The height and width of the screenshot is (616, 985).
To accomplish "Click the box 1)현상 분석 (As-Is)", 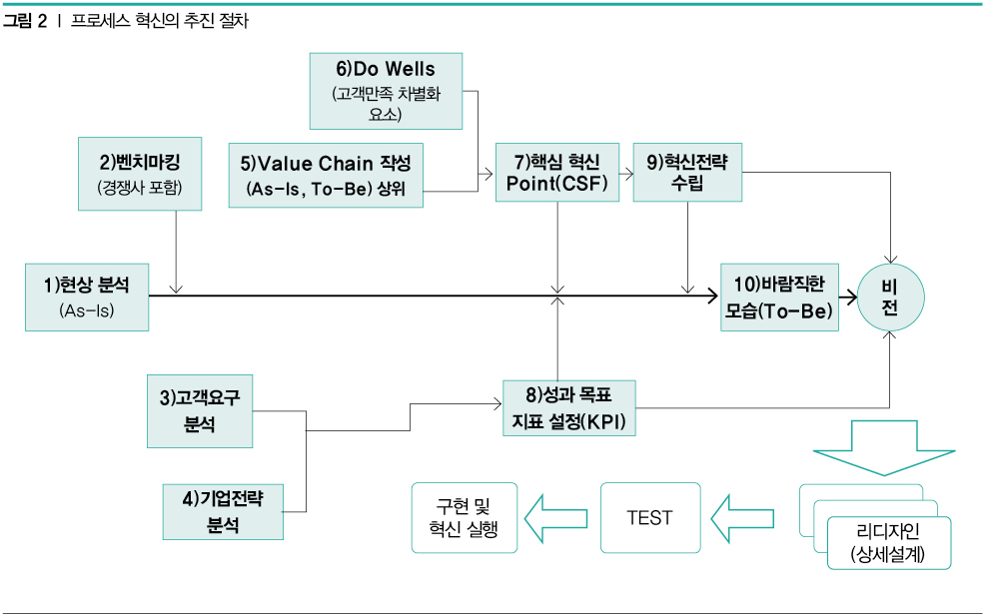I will click(87, 297).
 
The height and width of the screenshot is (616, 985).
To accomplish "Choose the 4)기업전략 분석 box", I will click(222, 511).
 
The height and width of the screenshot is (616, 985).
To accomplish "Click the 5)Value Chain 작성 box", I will click(327, 174).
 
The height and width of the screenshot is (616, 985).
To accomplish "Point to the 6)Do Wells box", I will click(386, 91).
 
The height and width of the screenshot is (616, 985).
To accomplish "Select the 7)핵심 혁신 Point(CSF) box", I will click(555, 172).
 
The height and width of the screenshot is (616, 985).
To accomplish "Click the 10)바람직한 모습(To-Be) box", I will click(779, 298).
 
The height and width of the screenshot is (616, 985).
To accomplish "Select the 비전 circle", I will click(889, 297).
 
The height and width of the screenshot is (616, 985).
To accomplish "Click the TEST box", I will click(649, 517).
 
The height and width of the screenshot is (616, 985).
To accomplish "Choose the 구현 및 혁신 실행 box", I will click(466, 517).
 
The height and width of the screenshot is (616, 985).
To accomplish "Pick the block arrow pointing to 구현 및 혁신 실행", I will click(557, 516).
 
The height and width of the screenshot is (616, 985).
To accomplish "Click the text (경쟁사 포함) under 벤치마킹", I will click(139, 187).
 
